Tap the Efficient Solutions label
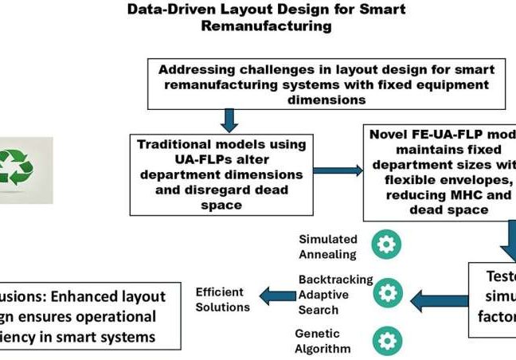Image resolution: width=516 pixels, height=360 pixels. pos(222,299)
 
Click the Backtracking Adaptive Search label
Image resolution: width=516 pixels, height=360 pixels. pos(335,292)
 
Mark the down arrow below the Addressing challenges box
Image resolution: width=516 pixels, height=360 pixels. pos(229,119)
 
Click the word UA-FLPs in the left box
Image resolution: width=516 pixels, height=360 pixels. pos(169,160)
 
